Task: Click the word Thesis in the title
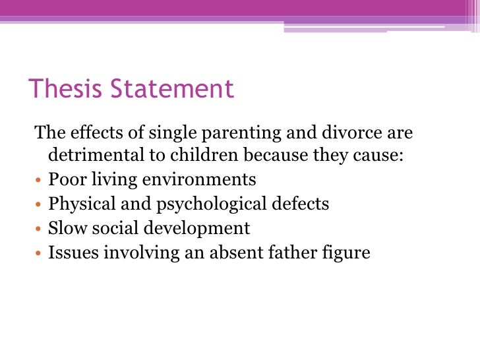(65, 89)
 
